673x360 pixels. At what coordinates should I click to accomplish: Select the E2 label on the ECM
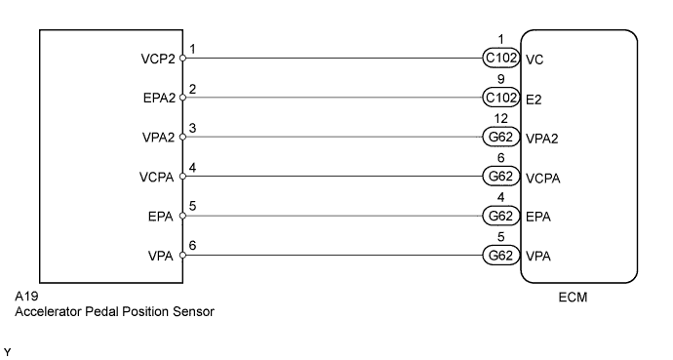(534, 98)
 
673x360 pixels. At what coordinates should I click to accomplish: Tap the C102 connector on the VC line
(501, 59)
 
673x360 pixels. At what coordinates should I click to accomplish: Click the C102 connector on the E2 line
(501, 98)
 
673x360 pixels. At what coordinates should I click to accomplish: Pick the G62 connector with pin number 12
(501, 138)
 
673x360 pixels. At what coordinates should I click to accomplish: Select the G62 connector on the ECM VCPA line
(501, 177)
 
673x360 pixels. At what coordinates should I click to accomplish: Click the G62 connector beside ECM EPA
(501, 216)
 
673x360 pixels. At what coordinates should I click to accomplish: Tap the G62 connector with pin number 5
(501, 256)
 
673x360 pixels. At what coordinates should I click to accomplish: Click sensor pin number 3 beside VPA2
(193, 129)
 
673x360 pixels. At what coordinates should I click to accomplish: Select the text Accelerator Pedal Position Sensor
(114, 312)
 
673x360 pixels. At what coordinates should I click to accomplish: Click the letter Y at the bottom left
(8, 350)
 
